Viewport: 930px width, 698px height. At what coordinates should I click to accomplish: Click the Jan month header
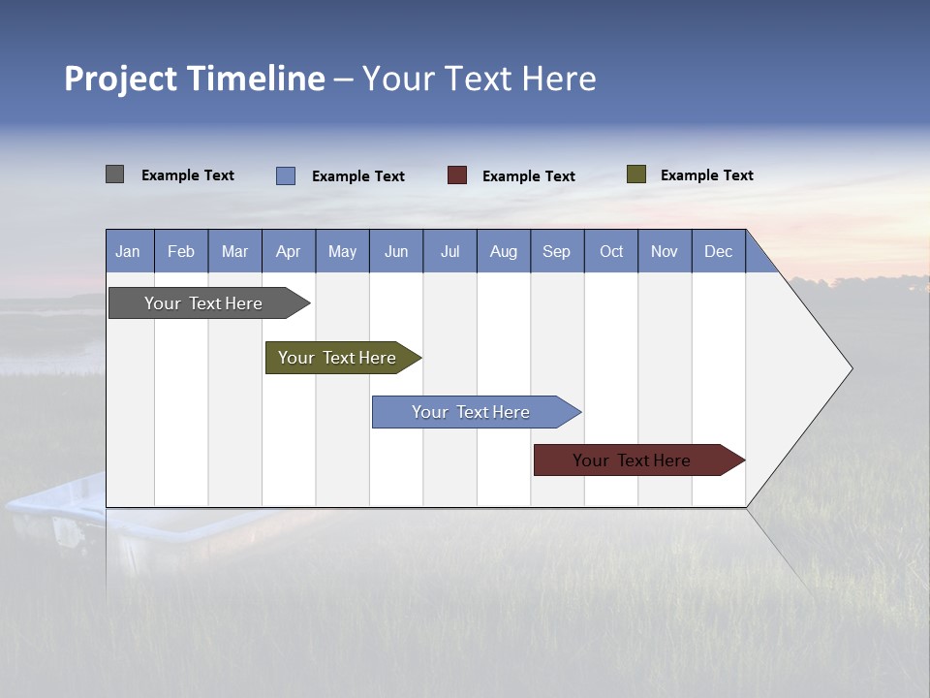[128, 251]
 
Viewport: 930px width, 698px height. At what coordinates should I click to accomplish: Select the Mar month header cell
[234, 251]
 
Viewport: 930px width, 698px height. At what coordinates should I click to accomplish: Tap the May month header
[342, 251]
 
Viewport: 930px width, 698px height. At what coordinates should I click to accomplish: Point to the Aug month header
[503, 251]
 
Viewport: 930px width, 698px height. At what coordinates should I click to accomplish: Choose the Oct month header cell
[610, 251]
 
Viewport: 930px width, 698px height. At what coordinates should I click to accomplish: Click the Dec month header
[718, 251]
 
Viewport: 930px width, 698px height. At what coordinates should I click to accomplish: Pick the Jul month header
[449, 251]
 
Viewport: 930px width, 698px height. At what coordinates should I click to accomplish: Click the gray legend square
[114, 174]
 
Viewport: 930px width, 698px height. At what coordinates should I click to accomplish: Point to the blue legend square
[285, 175]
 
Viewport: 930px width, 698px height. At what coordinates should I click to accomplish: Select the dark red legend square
[456, 175]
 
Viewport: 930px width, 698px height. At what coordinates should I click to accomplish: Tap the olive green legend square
[635, 174]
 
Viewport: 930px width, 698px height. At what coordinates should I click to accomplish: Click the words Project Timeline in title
[194, 79]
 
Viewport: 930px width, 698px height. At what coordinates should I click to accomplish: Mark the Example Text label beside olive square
[706, 175]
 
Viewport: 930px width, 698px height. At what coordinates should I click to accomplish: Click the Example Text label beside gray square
[187, 175]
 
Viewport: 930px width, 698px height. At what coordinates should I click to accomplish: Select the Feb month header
[181, 251]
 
